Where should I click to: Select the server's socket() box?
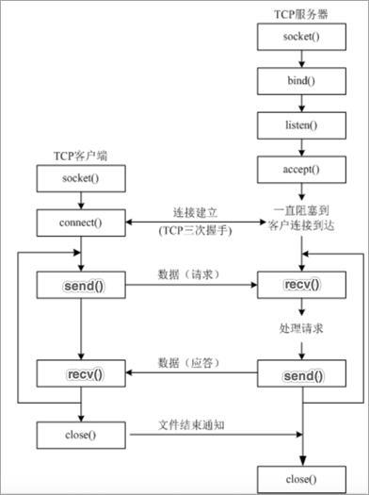tap(300, 37)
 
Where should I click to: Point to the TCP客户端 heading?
tap(81, 155)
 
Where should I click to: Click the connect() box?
tap(81, 223)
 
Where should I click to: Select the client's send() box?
tap(81, 284)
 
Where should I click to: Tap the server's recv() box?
tap(300, 284)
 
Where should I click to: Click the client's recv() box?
tap(81, 374)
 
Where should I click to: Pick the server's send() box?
tap(300, 375)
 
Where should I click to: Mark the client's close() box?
tap(81, 436)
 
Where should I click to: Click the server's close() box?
tap(300, 478)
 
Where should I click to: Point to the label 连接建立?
tap(196, 211)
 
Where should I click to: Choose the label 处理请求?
tap(300, 328)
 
